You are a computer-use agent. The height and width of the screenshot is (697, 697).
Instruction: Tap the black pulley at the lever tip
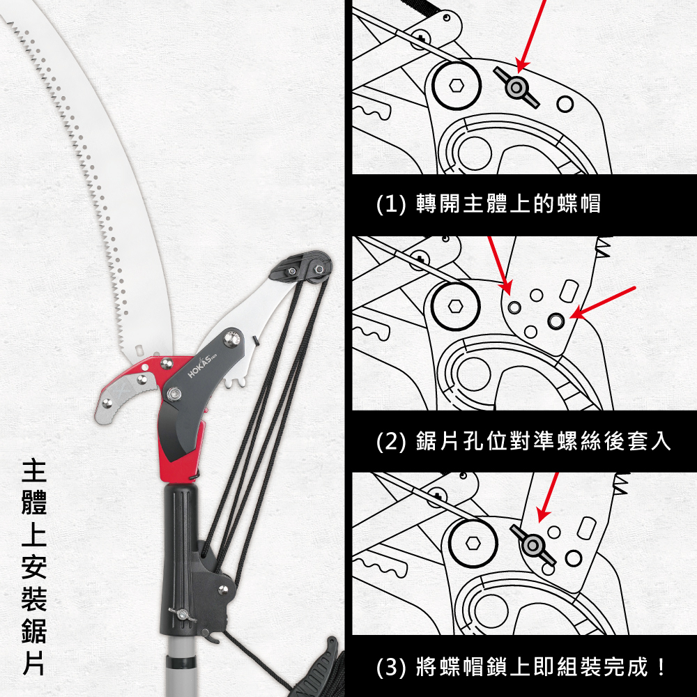[316, 269]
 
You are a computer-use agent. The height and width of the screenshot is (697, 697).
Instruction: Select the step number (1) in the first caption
[391, 204]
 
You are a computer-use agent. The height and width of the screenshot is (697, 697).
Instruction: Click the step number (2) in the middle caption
[391, 442]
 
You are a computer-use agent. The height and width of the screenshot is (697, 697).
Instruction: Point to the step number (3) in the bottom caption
[391, 667]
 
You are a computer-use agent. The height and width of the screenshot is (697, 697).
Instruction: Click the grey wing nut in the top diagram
[516, 88]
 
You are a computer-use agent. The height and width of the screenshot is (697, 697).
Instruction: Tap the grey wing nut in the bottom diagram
[533, 546]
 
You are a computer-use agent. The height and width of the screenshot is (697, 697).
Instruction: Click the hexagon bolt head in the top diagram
[457, 84]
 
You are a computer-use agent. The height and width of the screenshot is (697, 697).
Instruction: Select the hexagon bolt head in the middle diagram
[455, 306]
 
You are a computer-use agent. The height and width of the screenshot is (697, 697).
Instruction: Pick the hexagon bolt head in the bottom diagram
[473, 543]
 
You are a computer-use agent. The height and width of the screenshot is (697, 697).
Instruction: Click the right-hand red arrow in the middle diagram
[602, 302]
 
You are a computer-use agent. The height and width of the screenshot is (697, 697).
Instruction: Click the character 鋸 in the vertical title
[34, 631]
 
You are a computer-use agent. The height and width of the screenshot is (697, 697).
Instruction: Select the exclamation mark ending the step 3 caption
[661, 667]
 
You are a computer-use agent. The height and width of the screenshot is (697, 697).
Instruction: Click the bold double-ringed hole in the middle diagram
[556, 320]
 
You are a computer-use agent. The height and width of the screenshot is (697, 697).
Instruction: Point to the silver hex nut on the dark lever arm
[173, 394]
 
